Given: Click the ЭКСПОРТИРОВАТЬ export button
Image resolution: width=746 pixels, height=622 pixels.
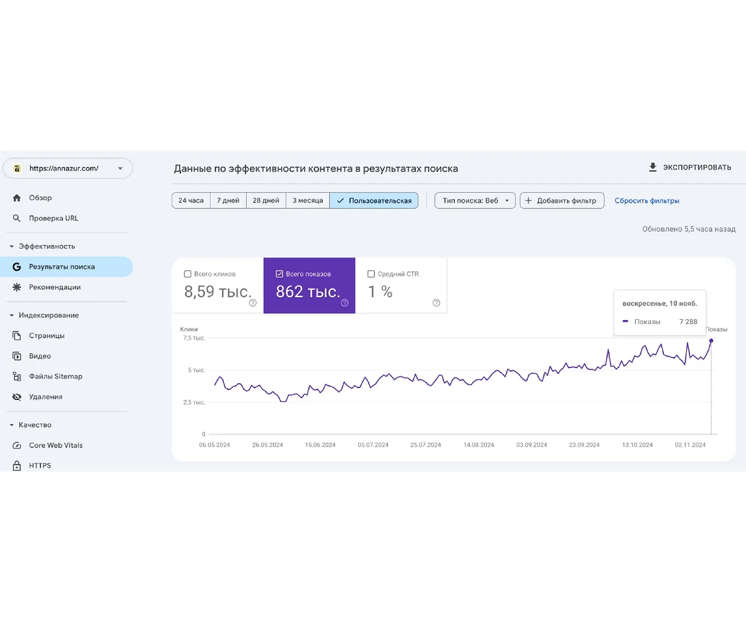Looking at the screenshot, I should coord(690,167).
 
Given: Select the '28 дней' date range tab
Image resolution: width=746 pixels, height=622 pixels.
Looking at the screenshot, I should coord(265,200).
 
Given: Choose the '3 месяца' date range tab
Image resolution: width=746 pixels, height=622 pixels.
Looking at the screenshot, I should coord(308,200).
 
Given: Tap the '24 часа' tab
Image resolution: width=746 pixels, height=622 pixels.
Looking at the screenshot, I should coord(191,200).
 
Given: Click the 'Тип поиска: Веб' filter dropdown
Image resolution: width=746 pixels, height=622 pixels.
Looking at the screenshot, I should coord(475,200).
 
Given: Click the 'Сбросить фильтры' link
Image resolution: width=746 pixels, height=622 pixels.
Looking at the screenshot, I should coord(647,201).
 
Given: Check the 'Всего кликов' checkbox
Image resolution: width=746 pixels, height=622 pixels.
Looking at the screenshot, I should coord(188,274).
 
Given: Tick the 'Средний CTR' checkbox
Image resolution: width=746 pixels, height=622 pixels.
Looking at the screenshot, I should coord(371,274).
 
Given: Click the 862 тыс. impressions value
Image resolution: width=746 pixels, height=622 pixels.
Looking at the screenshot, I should coord(308,292).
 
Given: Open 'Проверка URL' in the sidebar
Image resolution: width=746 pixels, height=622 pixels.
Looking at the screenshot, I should coord(53,218).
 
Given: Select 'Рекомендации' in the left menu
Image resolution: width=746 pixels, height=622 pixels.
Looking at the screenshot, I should coord(55,287).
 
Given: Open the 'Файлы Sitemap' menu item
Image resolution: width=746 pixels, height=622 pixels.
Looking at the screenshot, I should coord(55,376).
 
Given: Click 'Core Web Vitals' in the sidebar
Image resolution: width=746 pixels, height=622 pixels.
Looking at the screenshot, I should coord(55,445).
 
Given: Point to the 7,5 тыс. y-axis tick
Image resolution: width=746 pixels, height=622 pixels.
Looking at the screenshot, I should coord(195,338).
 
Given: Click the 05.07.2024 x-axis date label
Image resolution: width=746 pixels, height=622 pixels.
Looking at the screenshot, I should coord(373,445).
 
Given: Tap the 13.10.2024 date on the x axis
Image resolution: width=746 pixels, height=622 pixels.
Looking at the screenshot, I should coord(637,445).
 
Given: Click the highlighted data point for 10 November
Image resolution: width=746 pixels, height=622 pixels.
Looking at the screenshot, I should coord(711,340).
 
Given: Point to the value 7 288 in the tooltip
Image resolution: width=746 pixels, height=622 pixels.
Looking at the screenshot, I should coord(688,322).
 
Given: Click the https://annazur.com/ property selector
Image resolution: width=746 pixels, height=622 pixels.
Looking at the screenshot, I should coord(68,168).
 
